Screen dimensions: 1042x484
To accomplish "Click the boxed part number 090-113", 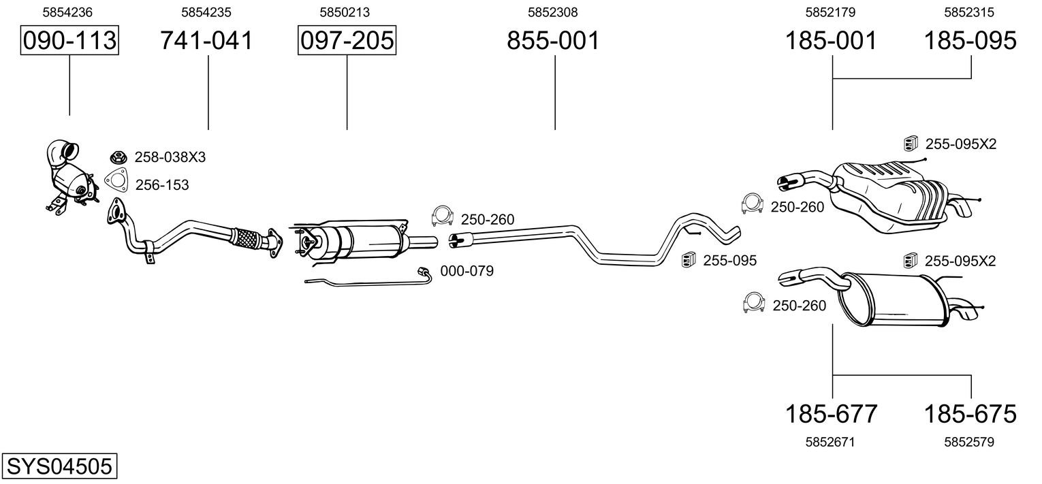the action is pyautogui.click(x=69, y=40).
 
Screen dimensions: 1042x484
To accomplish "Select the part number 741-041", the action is pyautogui.click(x=206, y=40).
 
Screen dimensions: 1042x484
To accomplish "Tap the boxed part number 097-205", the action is pyautogui.click(x=347, y=40).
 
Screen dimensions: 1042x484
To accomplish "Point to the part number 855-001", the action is pyautogui.click(x=553, y=40).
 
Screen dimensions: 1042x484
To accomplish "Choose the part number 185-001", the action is pyautogui.click(x=831, y=40).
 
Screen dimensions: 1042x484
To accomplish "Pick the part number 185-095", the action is pyautogui.click(x=970, y=40).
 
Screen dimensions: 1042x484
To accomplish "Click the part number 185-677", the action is pyautogui.click(x=832, y=413).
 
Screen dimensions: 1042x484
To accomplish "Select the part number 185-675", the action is pyautogui.click(x=970, y=413).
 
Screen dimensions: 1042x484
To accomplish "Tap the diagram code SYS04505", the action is pyautogui.click(x=59, y=466).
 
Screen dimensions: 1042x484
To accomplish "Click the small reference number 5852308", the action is pyautogui.click(x=552, y=12).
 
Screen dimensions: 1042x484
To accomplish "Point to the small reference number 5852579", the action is pyautogui.click(x=969, y=442).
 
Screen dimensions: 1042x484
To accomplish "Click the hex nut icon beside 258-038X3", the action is pyautogui.click(x=119, y=157).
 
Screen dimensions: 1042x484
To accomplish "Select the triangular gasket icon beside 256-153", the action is pyautogui.click(x=116, y=182).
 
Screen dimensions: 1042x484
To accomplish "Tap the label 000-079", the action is pyautogui.click(x=467, y=271).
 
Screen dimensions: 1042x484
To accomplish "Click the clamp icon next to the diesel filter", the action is pyautogui.click(x=443, y=216).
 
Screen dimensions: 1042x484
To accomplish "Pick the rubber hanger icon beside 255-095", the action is pyautogui.click(x=689, y=259).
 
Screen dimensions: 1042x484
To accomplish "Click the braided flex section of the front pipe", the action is pyautogui.click(x=246, y=238).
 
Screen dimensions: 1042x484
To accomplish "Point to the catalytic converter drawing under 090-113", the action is pyautogui.click(x=72, y=177).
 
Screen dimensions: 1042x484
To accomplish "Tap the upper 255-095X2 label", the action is pyautogui.click(x=961, y=144).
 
